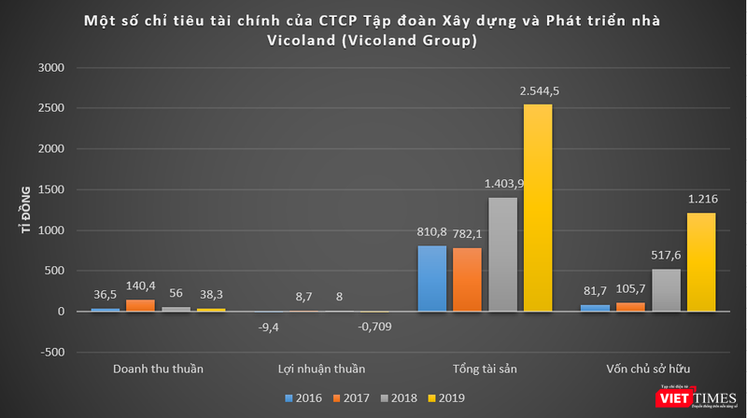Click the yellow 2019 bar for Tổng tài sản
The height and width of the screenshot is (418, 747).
[x=538, y=207]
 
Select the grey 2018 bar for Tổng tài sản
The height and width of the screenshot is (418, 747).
[x=502, y=254]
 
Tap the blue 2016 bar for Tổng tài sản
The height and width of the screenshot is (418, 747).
[x=432, y=278]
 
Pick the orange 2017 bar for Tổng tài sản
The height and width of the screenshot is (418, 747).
[x=468, y=279]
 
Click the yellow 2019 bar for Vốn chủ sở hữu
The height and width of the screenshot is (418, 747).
[x=700, y=262]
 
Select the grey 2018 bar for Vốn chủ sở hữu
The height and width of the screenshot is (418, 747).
[x=665, y=290]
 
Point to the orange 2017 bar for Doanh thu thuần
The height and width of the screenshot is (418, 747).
[x=141, y=305]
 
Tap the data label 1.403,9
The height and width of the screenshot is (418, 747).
[x=502, y=185]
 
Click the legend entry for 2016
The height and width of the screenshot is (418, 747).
[x=304, y=398]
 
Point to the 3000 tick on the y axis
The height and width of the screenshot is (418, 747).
[x=50, y=68]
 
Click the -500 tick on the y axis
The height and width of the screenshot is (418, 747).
[x=50, y=352]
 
